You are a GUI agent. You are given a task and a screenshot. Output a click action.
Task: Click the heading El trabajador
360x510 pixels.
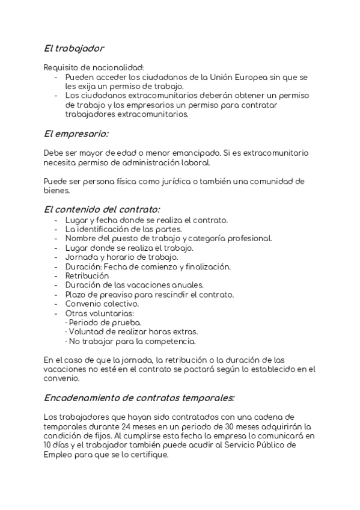point(74,48)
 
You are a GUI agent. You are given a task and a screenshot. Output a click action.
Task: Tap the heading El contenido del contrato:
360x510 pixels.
point(102,209)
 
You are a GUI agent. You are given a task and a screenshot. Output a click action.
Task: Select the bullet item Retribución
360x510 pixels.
point(87,275)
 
